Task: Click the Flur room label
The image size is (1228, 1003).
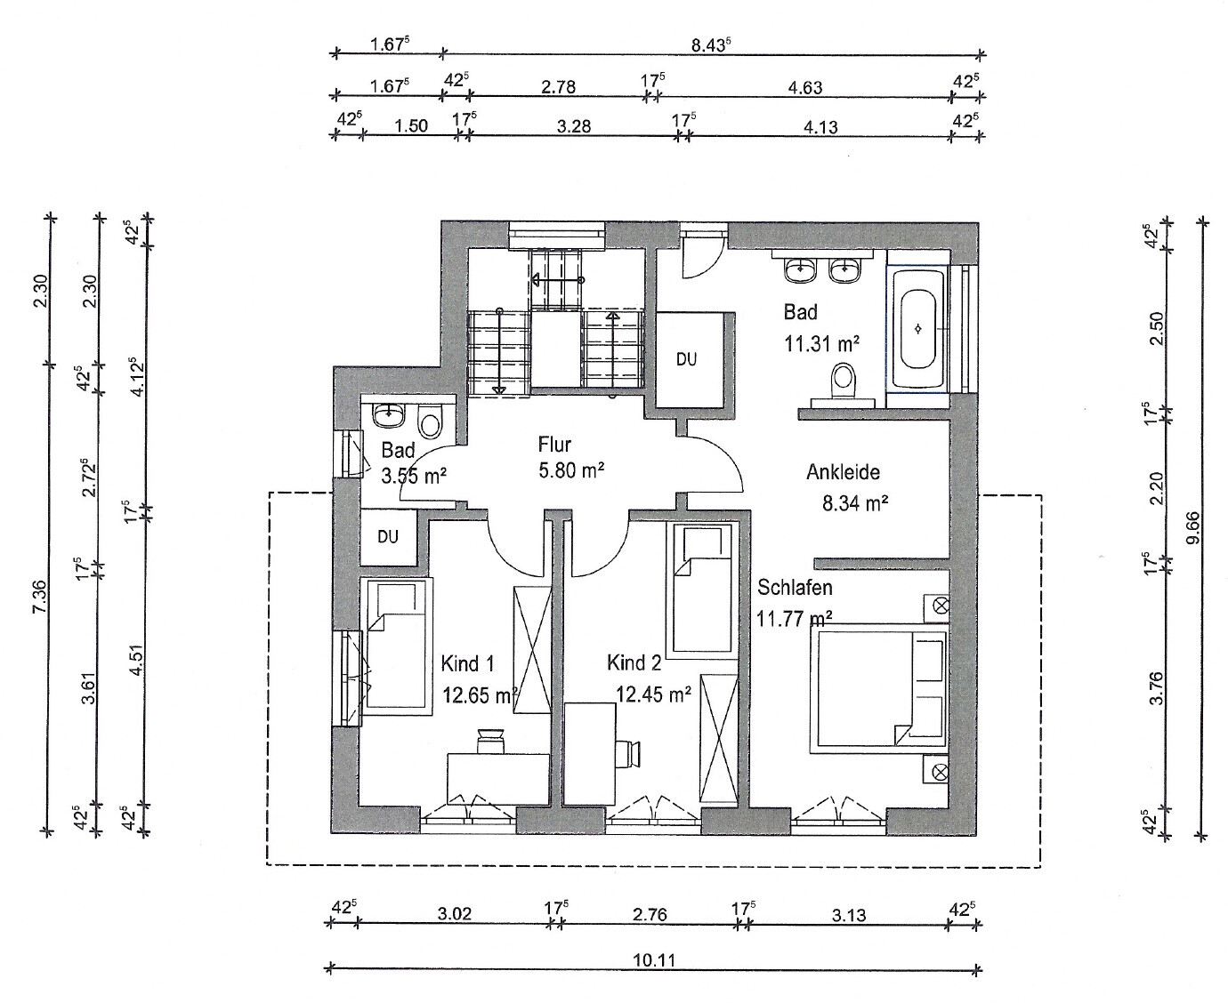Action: [554, 445]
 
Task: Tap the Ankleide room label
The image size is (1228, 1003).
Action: [843, 472]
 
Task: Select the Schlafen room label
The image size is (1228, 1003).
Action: [795, 588]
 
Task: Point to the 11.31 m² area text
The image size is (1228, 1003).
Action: [821, 344]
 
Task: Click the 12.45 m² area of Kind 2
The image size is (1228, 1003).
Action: [653, 694]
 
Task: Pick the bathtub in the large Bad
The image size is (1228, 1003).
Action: [917, 329]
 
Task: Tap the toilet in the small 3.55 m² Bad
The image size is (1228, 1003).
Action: [431, 421]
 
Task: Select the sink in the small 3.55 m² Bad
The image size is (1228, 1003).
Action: [389, 414]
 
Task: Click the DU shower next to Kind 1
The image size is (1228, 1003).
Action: [388, 536]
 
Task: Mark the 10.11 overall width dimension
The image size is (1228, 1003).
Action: [654, 959]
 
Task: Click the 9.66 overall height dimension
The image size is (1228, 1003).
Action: [1192, 527]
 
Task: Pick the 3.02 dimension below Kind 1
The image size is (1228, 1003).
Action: [454, 913]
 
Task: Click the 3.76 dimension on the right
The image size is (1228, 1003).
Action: [1156, 687]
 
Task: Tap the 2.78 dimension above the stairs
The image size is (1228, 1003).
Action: [559, 86]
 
